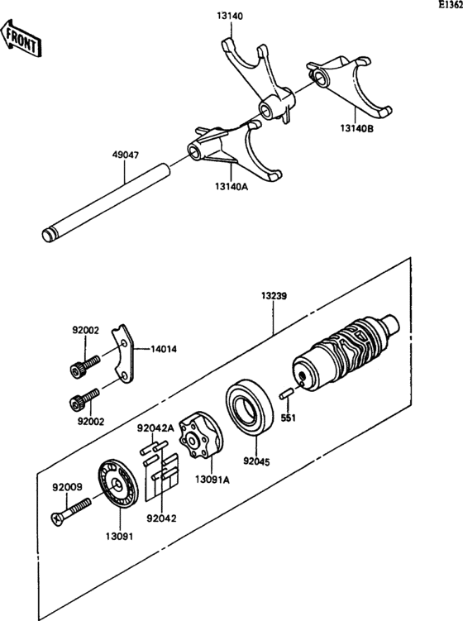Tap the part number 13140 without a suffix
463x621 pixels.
point(231,14)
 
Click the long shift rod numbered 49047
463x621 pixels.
point(107,202)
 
